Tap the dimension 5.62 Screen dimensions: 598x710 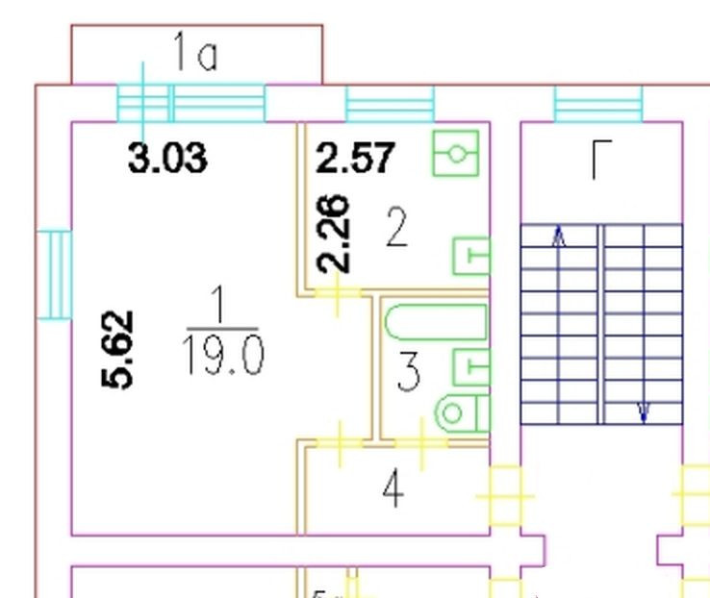click(x=118, y=348)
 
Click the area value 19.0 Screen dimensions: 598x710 click(x=221, y=357)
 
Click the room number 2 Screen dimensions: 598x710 click(x=395, y=229)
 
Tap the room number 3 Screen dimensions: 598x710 click(x=409, y=372)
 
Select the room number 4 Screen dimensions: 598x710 click(x=393, y=489)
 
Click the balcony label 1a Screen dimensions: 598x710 click(x=195, y=54)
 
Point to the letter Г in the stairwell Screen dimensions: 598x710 click(x=601, y=160)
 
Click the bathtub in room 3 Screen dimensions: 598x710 click(x=436, y=323)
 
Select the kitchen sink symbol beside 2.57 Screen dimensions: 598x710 click(x=455, y=153)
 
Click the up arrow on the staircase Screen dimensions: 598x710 click(x=560, y=237)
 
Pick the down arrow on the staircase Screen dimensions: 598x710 click(x=644, y=412)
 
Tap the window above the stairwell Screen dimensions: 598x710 click(x=597, y=103)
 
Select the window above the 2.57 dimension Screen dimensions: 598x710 click(x=390, y=103)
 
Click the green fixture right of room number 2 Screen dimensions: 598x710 click(x=471, y=256)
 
